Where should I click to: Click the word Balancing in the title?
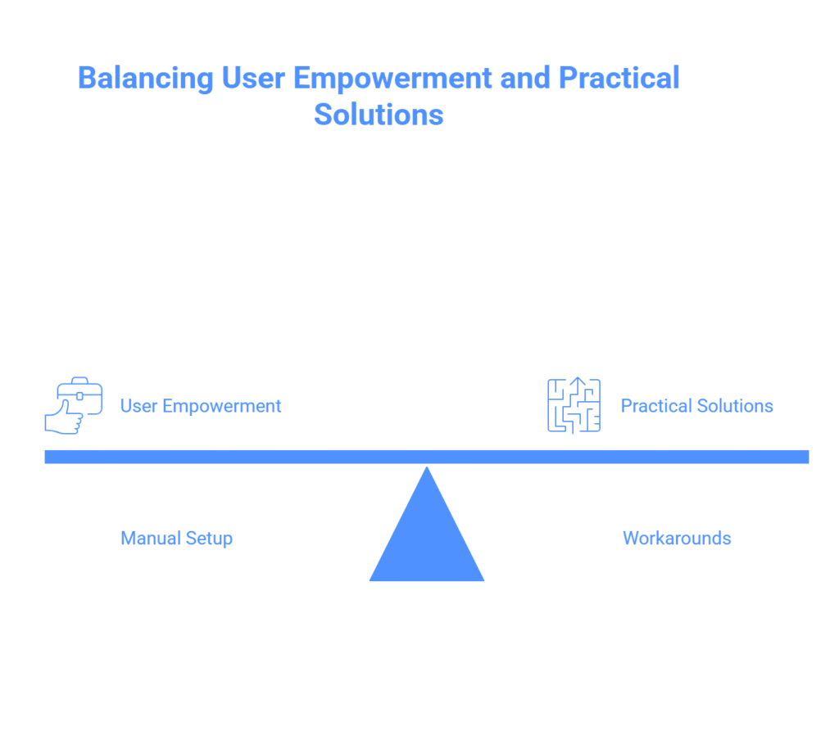[x=146, y=79]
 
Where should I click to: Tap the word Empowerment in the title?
[x=392, y=78]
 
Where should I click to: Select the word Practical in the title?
[x=619, y=78]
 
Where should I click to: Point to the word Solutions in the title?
[x=379, y=115]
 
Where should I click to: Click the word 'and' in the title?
[x=525, y=78]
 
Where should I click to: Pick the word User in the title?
[x=253, y=78]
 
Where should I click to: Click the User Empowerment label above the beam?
[x=201, y=406]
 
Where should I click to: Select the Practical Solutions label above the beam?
[x=696, y=406]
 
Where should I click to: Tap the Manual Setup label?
[x=177, y=538]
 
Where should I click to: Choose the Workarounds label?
[x=677, y=538]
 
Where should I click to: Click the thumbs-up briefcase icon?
[x=73, y=405]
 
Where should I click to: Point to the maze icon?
[x=574, y=405]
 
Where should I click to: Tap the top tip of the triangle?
[x=427, y=467]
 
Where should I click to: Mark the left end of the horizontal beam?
[x=46, y=457]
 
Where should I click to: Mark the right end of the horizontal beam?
[x=808, y=457]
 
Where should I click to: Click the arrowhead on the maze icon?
[x=578, y=381]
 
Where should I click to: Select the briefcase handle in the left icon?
[x=79, y=381]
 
